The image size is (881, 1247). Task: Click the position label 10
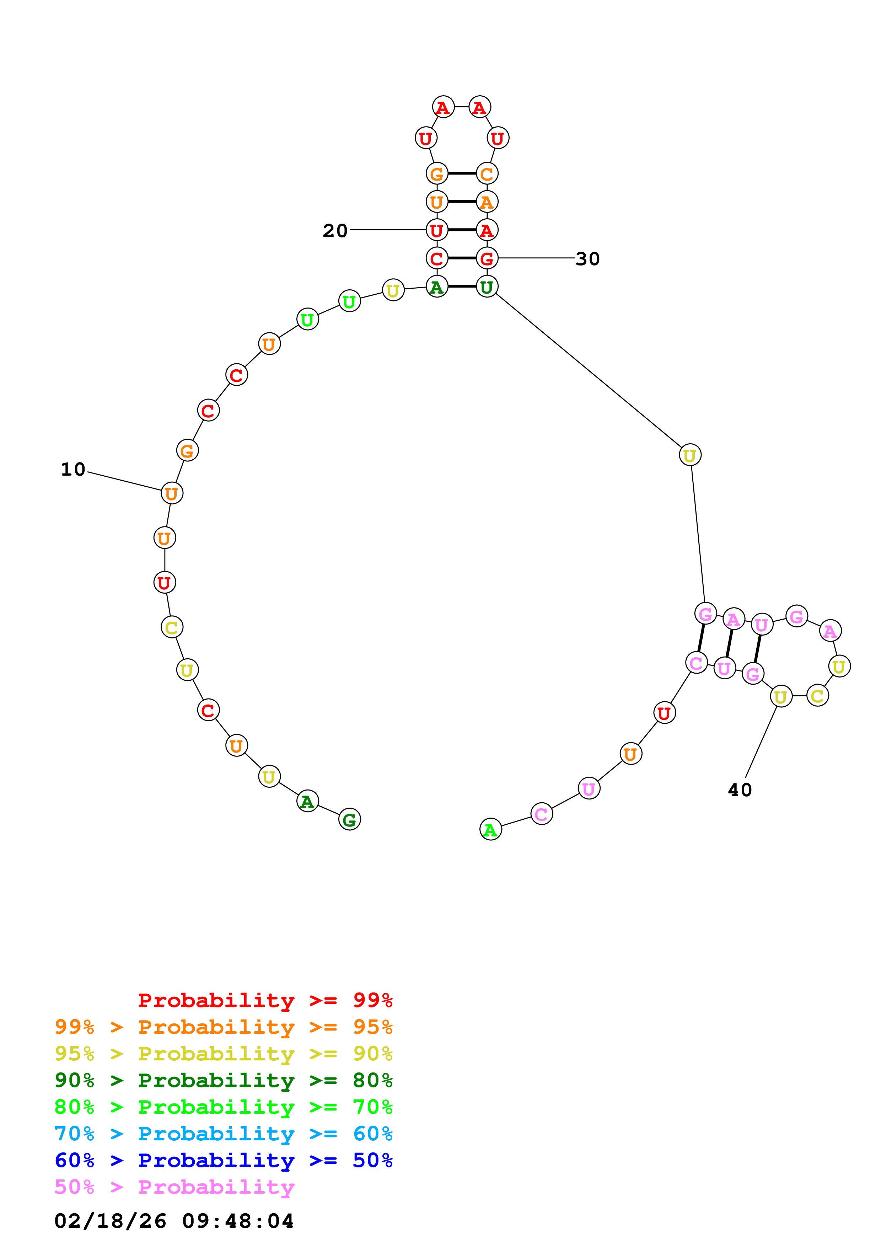(x=73, y=469)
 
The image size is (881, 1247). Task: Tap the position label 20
(x=335, y=231)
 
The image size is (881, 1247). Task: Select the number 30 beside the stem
(x=587, y=259)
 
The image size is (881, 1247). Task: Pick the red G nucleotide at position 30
(x=487, y=258)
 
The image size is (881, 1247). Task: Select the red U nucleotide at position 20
(x=436, y=230)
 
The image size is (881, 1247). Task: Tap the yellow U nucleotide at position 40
(x=780, y=696)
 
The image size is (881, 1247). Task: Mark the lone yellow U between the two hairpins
(x=689, y=455)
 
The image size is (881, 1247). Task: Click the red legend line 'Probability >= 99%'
(x=265, y=1000)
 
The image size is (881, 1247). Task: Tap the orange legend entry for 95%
(x=223, y=1027)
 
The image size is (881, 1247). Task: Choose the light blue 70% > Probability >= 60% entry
(x=223, y=1134)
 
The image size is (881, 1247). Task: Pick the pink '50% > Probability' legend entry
(x=174, y=1187)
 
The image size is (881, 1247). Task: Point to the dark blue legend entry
(x=223, y=1161)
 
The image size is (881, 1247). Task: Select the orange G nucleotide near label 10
(x=187, y=450)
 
